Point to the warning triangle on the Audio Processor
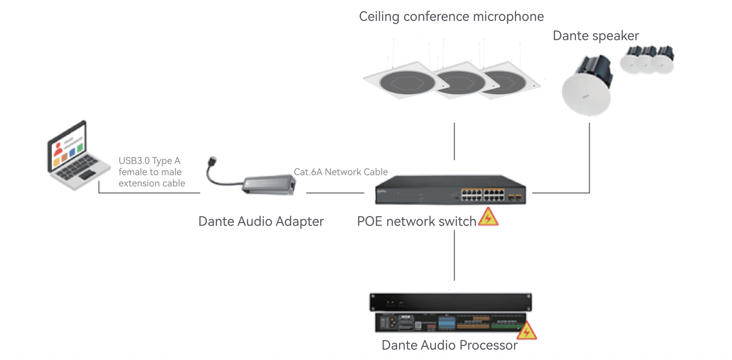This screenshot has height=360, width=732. [x=526, y=331]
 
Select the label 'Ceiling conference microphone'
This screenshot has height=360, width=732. [x=451, y=17]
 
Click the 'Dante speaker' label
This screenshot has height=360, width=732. [x=596, y=36]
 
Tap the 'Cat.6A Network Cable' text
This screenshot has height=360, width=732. [x=341, y=172]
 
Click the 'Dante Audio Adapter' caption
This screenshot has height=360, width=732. [x=261, y=222]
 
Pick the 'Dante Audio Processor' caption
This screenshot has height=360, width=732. [x=449, y=345]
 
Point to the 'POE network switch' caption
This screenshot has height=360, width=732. [x=417, y=222]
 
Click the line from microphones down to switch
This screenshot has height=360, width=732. [x=454, y=141]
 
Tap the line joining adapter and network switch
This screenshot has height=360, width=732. [x=335, y=193]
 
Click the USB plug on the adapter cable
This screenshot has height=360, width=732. [x=213, y=161]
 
